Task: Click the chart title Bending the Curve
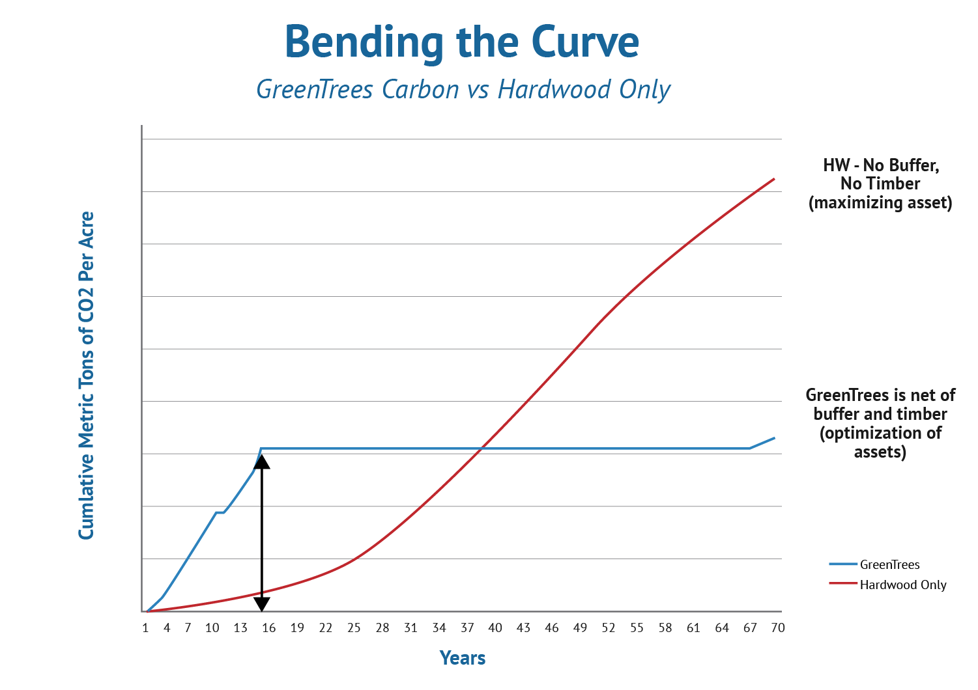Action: tap(462, 42)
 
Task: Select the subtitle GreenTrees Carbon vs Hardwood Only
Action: tap(463, 89)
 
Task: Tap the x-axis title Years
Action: tap(463, 658)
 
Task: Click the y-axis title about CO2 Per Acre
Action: tap(87, 376)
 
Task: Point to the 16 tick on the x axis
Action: tap(268, 628)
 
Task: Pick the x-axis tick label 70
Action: tap(778, 628)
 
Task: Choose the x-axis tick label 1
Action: tap(145, 628)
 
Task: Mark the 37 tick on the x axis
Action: tap(467, 628)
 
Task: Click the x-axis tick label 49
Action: tap(580, 628)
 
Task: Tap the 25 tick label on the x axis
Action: tap(354, 628)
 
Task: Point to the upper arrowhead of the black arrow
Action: tap(261, 461)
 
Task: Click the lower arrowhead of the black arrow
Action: tap(261, 605)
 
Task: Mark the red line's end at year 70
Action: tap(774, 178)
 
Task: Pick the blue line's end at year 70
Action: tap(774, 438)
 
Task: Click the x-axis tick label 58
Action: tap(665, 628)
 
